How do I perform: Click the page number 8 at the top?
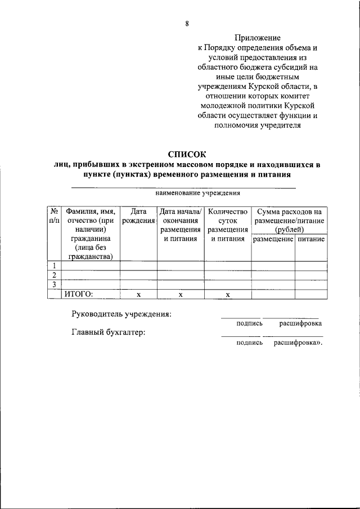[x=186, y=23]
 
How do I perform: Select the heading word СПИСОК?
[x=187, y=154]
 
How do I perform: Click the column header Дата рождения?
[x=138, y=216]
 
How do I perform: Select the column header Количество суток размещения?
[x=227, y=225]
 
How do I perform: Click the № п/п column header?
[x=54, y=216]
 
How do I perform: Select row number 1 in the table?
[x=54, y=266]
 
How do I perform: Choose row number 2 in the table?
[x=54, y=275]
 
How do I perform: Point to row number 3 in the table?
[x=54, y=284]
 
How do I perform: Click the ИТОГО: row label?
[x=78, y=293]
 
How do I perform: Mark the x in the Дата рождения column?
[x=138, y=294]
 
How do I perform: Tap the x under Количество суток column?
[x=227, y=294]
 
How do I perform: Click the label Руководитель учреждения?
[x=121, y=314]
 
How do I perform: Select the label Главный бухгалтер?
[x=108, y=332]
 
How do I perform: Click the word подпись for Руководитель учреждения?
[x=249, y=323]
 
